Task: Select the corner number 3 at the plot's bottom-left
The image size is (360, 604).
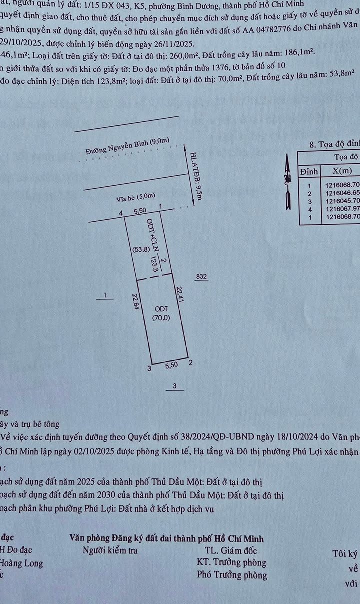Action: (149, 368)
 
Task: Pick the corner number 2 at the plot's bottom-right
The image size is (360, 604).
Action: (191, 363)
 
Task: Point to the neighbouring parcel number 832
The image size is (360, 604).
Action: (202, 276)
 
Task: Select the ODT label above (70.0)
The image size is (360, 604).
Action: (161, 308)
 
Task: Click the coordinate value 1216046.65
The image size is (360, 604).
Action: (342, 193)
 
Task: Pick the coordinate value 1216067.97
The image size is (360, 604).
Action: (342, 209)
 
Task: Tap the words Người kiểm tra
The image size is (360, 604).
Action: (110, 551)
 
